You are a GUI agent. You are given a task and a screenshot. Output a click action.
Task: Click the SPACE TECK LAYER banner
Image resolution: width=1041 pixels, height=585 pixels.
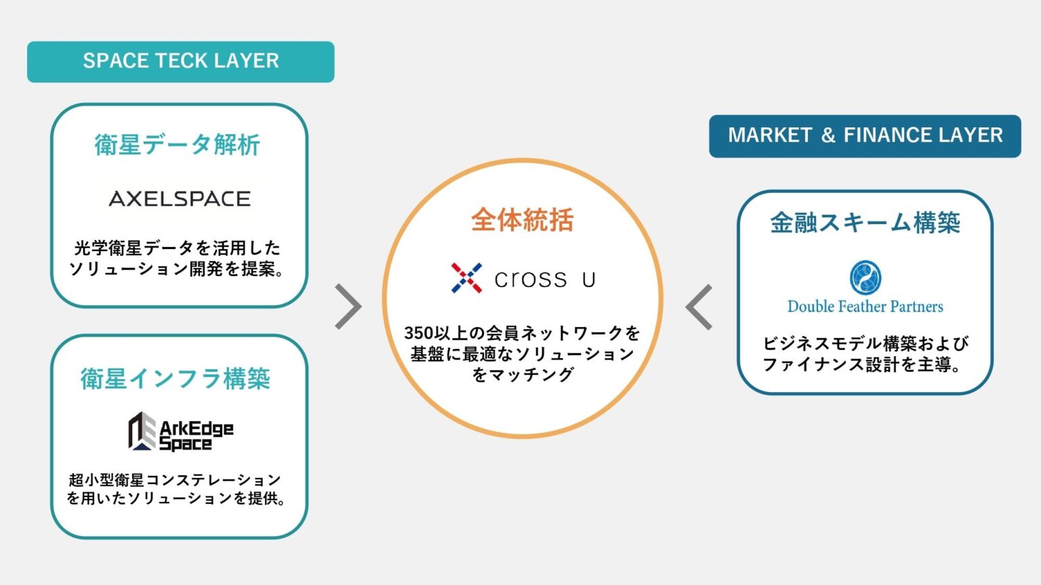[180, 62]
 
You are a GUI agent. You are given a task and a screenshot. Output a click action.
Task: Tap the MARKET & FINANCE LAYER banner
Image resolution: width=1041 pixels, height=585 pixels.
[865, 135]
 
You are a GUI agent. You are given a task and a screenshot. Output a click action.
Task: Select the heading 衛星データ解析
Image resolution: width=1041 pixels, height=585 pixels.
[178, 145]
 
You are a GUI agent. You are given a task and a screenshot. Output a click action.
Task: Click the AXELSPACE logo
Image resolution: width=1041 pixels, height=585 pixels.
[180, 198]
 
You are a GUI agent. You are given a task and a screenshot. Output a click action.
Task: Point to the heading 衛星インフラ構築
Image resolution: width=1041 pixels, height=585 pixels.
[176, 378]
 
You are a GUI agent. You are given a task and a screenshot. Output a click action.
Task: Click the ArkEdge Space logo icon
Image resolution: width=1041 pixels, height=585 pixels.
[142, 431]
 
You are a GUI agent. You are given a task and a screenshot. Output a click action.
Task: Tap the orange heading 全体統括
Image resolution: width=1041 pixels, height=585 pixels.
[522, 220]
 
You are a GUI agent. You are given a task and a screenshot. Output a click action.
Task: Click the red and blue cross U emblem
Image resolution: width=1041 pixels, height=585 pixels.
[466, 278]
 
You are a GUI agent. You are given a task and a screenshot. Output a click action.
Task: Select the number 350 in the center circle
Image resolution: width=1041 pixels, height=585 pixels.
[418, 333]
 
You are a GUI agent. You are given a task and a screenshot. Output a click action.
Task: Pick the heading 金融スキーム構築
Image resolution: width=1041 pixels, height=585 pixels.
[865, 222]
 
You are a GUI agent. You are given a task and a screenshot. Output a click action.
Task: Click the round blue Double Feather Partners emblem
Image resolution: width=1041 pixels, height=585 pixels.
[865, 277]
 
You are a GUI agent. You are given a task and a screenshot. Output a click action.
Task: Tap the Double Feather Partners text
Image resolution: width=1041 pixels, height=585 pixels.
[865, 307]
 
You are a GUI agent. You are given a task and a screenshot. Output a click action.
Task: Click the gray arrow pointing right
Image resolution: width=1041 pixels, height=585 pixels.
[349, 307]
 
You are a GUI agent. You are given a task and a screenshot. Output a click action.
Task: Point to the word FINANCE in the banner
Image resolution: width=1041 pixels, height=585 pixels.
[881, 135]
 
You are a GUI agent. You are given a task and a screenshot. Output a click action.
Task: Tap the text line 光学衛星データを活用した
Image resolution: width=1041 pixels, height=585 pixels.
[177, 248]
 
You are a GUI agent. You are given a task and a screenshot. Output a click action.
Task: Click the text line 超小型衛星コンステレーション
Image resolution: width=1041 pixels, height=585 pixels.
[175, 480]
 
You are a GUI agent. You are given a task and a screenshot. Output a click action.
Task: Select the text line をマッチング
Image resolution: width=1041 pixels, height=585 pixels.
[522, 374]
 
